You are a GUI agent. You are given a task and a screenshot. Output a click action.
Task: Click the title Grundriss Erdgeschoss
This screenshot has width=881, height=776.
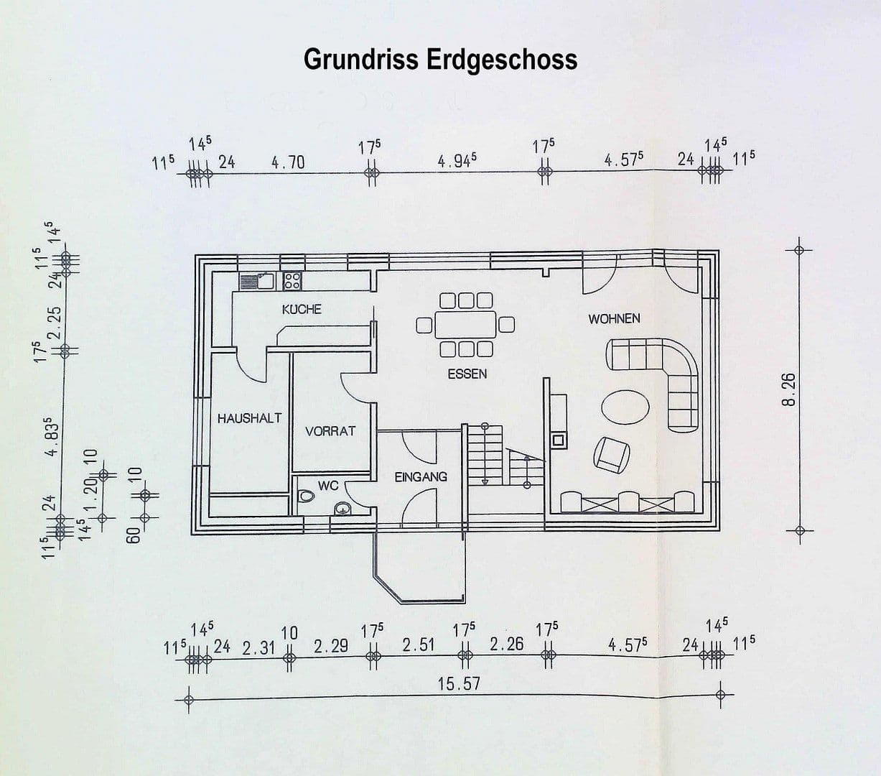pos(440,60)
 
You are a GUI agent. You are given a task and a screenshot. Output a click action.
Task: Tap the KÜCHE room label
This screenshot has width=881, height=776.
pos(302,310)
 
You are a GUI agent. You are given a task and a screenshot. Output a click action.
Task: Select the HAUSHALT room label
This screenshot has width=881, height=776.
pos(249,419)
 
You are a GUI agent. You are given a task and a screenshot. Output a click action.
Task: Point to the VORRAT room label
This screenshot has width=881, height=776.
pos(330,432)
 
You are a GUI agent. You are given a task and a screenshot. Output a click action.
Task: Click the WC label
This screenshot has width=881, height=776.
pos(328,486)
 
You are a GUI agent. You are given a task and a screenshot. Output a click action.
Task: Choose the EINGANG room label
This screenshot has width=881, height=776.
pos(421,477)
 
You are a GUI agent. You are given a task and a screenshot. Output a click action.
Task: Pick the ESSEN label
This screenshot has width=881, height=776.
pos(467,374)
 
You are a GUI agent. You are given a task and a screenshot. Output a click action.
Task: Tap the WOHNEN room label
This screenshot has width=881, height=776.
pos(614,318)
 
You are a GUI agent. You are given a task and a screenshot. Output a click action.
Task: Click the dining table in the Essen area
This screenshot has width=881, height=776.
pos(465,324)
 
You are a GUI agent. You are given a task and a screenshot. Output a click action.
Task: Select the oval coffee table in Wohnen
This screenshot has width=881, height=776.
pos(625,407)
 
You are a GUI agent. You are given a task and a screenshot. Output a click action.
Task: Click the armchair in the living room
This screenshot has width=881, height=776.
pos(612,456)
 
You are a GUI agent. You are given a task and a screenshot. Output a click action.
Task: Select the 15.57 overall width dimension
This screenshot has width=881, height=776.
pos(459,684)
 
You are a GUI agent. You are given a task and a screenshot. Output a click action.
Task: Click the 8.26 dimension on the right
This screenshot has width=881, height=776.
pos(788,389)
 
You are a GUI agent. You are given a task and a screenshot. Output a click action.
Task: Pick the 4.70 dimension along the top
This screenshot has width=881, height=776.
pos(288,163)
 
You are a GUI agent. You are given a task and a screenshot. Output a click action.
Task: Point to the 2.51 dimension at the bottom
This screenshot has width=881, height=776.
pos(419,645)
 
